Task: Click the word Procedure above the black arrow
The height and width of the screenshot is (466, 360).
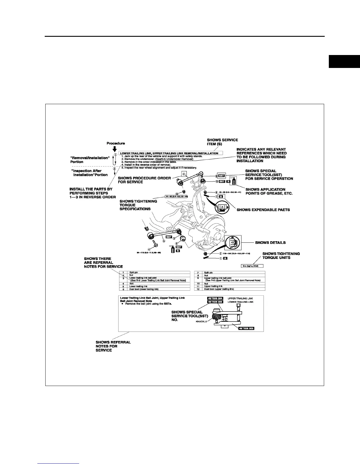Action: click(116, 143)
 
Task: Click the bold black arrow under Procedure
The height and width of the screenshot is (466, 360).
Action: click(115, 149)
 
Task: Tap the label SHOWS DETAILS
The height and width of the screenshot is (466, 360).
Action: click(270, 243)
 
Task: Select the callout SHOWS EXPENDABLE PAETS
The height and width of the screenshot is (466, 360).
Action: click(263, 210)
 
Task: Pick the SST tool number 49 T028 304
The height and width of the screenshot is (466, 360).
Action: click(215, 298)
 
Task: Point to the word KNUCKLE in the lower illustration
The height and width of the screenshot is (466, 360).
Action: click(201, 322)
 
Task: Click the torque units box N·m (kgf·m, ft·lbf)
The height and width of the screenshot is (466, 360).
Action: click(253, 266)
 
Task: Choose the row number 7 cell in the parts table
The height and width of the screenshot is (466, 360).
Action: click(199, 273)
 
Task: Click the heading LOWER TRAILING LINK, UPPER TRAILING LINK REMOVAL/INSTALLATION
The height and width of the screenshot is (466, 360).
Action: click(169, 153)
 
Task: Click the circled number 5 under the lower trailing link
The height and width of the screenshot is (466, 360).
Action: click(164, 241)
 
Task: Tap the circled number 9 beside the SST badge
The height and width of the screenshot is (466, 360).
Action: click(216, 176)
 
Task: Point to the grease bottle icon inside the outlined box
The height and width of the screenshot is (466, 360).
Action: click(234, 180)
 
